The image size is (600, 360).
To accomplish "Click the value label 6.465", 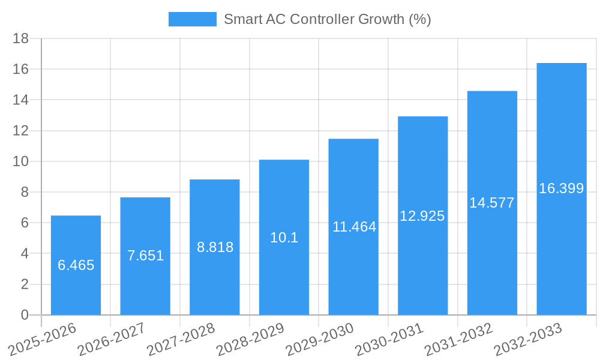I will coord(76,265).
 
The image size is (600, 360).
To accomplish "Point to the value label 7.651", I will coord(145,256).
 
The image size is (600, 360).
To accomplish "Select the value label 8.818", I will coord(215,247).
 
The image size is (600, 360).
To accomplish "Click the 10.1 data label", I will coord(284,238).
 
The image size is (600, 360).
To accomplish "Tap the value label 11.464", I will coord(354,227).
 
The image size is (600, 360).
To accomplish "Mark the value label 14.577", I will coord(492,203).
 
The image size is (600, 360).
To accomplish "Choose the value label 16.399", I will coord(562,188).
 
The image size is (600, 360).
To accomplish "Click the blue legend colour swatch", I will coord(192,19).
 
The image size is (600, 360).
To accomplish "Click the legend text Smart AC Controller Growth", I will coord(328,19).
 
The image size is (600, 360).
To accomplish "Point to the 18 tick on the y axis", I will coord(21,38).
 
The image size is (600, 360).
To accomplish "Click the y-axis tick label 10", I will coord(21,161).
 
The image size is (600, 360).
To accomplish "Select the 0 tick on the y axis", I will coord(25,315).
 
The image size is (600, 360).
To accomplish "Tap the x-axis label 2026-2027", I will coord(112,339).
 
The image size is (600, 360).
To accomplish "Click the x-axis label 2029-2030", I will coord(320,339).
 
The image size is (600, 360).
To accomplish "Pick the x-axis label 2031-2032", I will coord(458,339).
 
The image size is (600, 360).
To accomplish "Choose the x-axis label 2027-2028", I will coord(181,339).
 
